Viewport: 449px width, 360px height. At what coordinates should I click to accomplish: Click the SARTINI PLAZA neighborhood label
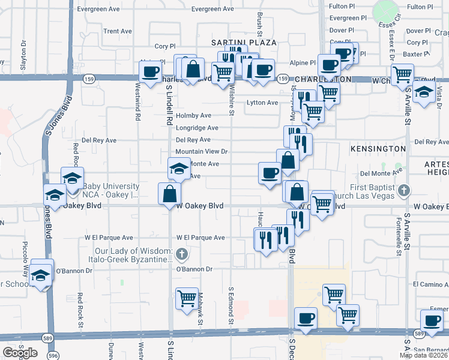tap(244, 43)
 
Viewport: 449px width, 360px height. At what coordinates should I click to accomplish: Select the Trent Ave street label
tap(118, 31)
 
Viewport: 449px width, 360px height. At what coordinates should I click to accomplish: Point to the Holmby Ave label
tap(194, 116)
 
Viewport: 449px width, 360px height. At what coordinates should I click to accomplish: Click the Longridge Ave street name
tap(197, 128)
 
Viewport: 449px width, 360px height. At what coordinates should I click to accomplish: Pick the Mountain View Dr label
tap(202, 152)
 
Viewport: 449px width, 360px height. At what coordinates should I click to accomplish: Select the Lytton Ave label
tap(262, 103)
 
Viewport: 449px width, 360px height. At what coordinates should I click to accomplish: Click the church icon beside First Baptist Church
tap(404, 191)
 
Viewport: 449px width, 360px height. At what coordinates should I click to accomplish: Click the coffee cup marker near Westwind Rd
tap(149, 71)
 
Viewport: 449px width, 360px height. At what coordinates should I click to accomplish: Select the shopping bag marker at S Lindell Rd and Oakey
tap(170, 193)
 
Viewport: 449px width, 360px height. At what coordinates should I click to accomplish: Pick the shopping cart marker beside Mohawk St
tap(187, 297)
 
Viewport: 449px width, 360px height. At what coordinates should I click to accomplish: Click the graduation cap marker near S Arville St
tap(424, 93)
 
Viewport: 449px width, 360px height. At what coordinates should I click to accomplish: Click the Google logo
tap(20, 353)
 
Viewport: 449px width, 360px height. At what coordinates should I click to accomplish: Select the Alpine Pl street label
tap(304, 62)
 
